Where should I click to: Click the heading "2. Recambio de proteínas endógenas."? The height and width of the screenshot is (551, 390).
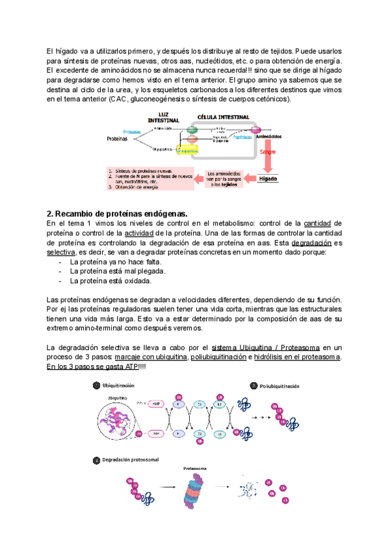pyautogui.click(x=117, y=214)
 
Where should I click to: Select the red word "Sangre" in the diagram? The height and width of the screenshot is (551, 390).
pyautogui.click(x=268, y=151)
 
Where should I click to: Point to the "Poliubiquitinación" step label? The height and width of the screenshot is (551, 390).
pyautogui.click(x=280, y=386)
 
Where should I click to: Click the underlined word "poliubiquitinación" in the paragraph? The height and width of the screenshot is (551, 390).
pyautogui.click(x=218, y=357)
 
